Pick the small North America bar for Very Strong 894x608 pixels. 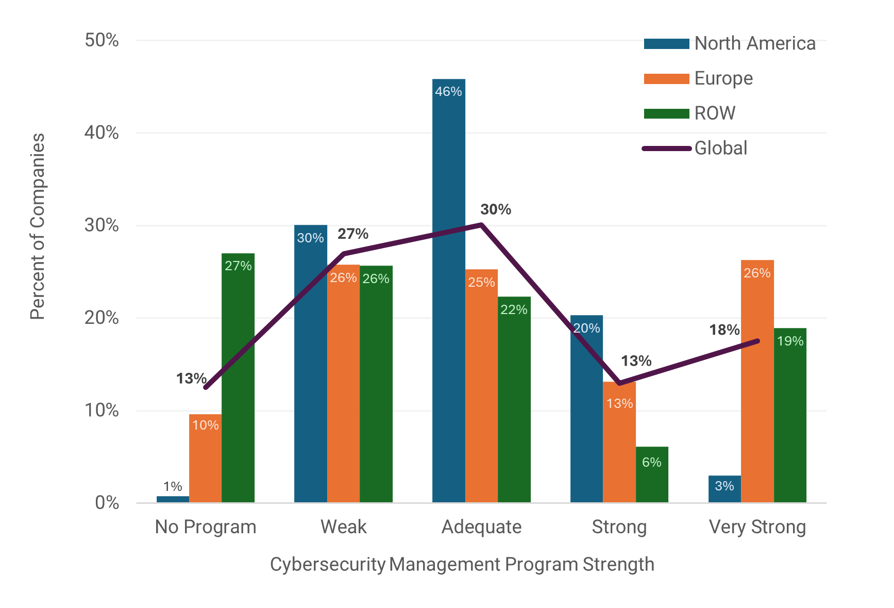point(724,490)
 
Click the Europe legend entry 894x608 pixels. point(723,78)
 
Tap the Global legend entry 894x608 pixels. point(720,149)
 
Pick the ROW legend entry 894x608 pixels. point(714,113)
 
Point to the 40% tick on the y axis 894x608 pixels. point(102,133)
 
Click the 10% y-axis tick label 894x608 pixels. point(102,410)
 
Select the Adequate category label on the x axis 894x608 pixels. point(481,527)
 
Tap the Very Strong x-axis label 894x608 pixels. point(757,527)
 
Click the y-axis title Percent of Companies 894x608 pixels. point(38,226)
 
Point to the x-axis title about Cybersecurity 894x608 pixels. point(462,565)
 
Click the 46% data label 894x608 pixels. point(448,92)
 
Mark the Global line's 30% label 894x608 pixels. point(496,209)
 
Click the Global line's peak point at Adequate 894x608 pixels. point(481,224)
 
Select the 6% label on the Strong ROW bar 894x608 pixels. point(652,462)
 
